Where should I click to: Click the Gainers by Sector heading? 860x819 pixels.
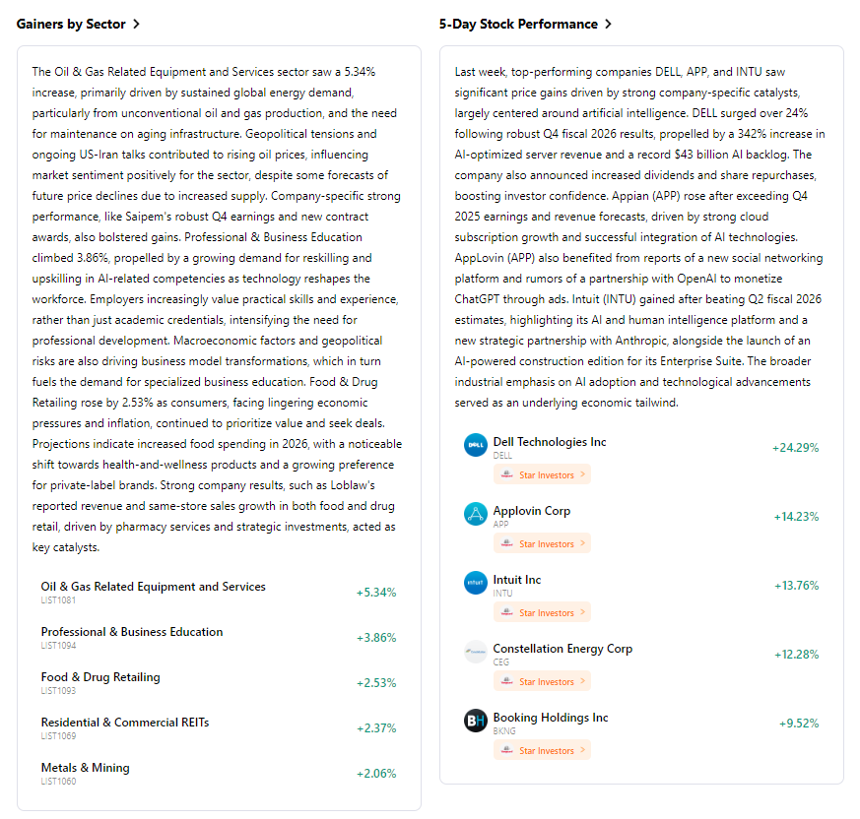[71, 24]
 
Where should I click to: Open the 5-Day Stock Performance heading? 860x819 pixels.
[518, 24]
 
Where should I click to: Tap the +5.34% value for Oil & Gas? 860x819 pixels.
[376, 593]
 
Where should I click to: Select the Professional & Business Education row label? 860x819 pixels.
[132, 632]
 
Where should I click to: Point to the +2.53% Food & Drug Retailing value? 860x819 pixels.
[376, 683]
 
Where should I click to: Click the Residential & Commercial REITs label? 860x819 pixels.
[125, 723]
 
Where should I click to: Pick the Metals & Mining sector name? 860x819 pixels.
[86, 768]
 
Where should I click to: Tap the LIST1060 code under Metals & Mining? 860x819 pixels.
[58, 782]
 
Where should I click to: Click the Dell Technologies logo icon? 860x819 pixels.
[476, 445]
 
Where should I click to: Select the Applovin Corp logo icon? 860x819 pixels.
[476, 514]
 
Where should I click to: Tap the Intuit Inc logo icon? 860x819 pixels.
[476, 583]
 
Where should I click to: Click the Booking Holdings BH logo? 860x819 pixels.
[476, 721]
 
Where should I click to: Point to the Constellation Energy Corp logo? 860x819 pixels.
[476, 652]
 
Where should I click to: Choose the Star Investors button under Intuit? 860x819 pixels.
[543, 612]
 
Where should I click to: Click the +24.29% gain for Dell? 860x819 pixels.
[796, 448]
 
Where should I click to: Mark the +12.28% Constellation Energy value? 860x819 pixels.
[796, 655]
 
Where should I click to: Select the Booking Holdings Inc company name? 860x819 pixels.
[551, 718]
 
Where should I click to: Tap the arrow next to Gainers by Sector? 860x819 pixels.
[136, 24]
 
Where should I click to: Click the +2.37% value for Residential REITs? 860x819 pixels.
[376, 728]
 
